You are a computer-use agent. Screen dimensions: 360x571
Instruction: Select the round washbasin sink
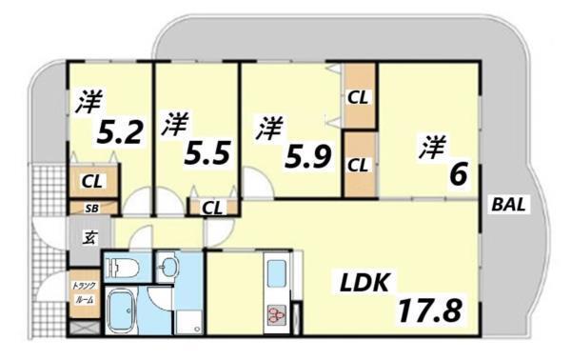point(168,266)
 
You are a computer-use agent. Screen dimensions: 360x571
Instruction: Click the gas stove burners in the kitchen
point(277,313)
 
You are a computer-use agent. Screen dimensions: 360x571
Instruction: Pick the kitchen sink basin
point(279,274)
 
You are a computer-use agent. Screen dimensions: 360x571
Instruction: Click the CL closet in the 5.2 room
point(93,181)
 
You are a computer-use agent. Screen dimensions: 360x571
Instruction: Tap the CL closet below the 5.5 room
point(212,207)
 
